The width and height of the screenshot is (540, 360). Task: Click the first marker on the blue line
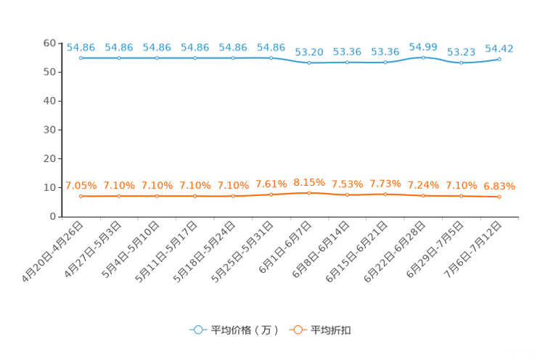(81, 57)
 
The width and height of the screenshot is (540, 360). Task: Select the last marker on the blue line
(499, 58)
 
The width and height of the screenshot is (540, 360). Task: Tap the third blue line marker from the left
(157, 57)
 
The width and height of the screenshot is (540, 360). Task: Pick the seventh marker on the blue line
(309, 62)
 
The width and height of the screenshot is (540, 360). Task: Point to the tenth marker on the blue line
(423, 57)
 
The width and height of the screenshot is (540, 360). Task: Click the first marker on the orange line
(81, 196)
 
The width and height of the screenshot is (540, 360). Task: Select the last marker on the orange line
(499, 197)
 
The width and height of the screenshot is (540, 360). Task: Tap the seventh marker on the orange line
(309, 193)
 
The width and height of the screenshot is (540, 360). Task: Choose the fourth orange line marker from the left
(195, 196)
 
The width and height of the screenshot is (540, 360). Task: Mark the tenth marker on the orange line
(423, 196)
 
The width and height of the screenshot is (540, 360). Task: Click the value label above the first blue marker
(81, 48)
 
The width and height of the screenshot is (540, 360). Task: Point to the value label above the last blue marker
(499, 49)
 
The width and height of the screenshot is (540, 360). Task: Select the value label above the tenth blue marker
(423, 47)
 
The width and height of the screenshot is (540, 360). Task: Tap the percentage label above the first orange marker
(81, 186)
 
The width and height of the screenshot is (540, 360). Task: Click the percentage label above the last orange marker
(499, 187)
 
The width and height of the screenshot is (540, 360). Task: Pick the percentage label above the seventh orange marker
(309, 182)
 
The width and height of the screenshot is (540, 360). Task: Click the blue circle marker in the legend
(197, 330)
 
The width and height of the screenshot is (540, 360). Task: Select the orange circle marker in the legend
(298, 330)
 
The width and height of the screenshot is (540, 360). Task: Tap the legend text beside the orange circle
(332, 330)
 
